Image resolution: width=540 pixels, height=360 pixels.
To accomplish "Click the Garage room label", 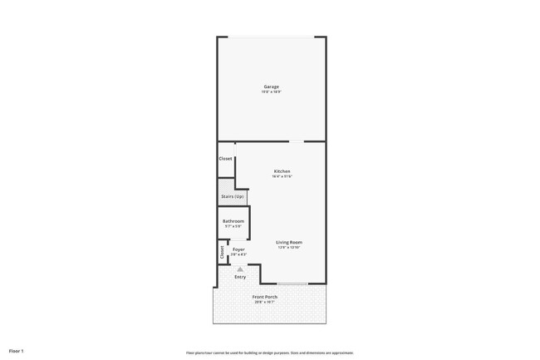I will pos(272,86).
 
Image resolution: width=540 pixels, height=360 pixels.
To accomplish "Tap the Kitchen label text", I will pos(282,171).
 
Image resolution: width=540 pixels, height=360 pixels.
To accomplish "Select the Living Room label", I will pos(289,242).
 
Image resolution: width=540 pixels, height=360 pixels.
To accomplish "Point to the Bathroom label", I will pos(233,221).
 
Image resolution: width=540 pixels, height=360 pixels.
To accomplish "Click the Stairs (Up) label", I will pos(233,196).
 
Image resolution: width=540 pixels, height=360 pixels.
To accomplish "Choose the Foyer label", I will pos(238,249).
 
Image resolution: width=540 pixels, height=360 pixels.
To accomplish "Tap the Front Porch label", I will pos(265,297).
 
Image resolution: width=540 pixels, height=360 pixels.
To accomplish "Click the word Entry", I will pos(240,277).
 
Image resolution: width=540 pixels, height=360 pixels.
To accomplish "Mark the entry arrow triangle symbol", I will pos(240,269).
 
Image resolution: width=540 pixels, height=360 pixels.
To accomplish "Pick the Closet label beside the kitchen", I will pos(226,159).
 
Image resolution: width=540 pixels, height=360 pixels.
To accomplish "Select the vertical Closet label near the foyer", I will pos(222,251).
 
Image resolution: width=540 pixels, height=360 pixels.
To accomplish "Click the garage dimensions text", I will pos(272,91).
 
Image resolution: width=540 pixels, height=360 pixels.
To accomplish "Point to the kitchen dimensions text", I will pos(282,176).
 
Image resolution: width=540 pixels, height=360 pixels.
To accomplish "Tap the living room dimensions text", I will pos(289,247).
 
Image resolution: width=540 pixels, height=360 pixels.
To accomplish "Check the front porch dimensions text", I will pos(265,302).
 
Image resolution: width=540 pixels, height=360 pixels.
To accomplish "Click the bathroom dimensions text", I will pos(233,226).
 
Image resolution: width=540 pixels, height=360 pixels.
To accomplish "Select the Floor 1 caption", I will pos(17,351).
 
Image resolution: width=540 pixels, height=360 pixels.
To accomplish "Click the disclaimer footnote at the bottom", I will pos(269,353).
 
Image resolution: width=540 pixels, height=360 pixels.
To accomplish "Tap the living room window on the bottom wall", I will pos(292,284).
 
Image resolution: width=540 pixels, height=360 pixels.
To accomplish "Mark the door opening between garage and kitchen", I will pos(296,141).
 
